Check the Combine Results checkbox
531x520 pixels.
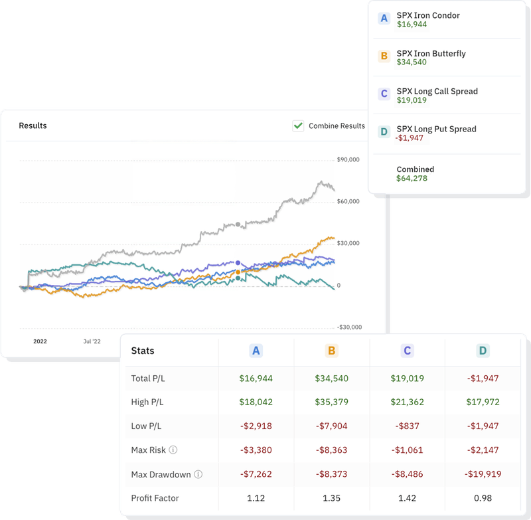[x=298, y=126]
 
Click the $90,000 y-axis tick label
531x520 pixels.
[x=348, y=159]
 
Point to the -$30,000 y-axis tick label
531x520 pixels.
[x=348, y=327]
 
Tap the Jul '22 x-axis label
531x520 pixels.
[x=92, y=341]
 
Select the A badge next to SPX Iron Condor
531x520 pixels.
[x=384, y=19]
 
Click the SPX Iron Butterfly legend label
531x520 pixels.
[x=431, y=53]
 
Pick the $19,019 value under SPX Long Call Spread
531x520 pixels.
[x=412, y=100]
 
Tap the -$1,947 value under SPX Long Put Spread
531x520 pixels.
[x=409, y=138]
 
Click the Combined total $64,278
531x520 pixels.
[x=412, y=179]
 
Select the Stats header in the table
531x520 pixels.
[x=143, y=351]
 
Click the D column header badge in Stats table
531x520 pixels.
[x=483, y=351]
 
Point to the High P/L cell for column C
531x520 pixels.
[x=407, y=402]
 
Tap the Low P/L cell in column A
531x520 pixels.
[x=256, y=426]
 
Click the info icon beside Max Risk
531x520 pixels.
[x=173, y=450]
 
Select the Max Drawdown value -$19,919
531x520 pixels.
[x=483, y=474]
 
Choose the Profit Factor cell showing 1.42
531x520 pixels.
[x=407, y=498]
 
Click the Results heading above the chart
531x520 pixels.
[x=33, y=126]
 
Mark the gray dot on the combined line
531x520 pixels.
[x=238, y=225]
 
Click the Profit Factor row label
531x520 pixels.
[x=155, y=498]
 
